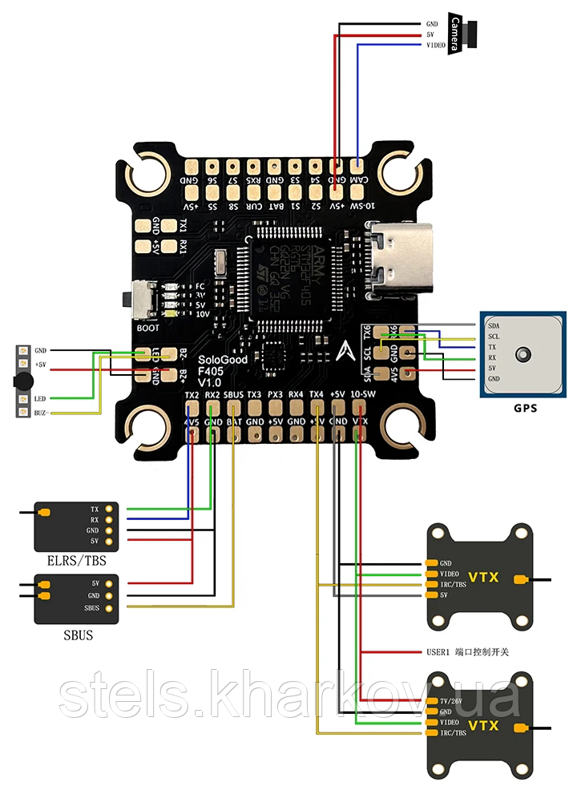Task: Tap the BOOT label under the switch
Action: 147,327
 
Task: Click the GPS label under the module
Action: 525,407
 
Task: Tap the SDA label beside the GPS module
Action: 493,326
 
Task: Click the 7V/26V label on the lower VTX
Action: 452,702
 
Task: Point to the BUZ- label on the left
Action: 41,413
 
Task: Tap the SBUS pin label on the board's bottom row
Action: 233,395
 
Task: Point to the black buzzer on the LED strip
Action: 23,381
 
